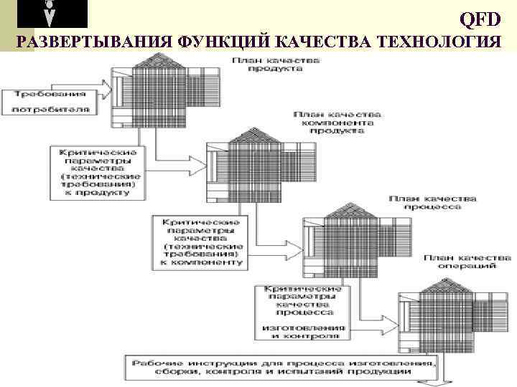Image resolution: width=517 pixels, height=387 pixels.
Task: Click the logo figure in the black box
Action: tap(50, 14)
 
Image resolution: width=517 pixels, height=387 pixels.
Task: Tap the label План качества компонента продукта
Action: tap(337, 123)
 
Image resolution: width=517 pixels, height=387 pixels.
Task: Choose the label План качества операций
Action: tap(467, 260)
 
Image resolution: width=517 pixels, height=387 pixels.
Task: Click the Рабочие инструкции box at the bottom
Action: tap(280, 368)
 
